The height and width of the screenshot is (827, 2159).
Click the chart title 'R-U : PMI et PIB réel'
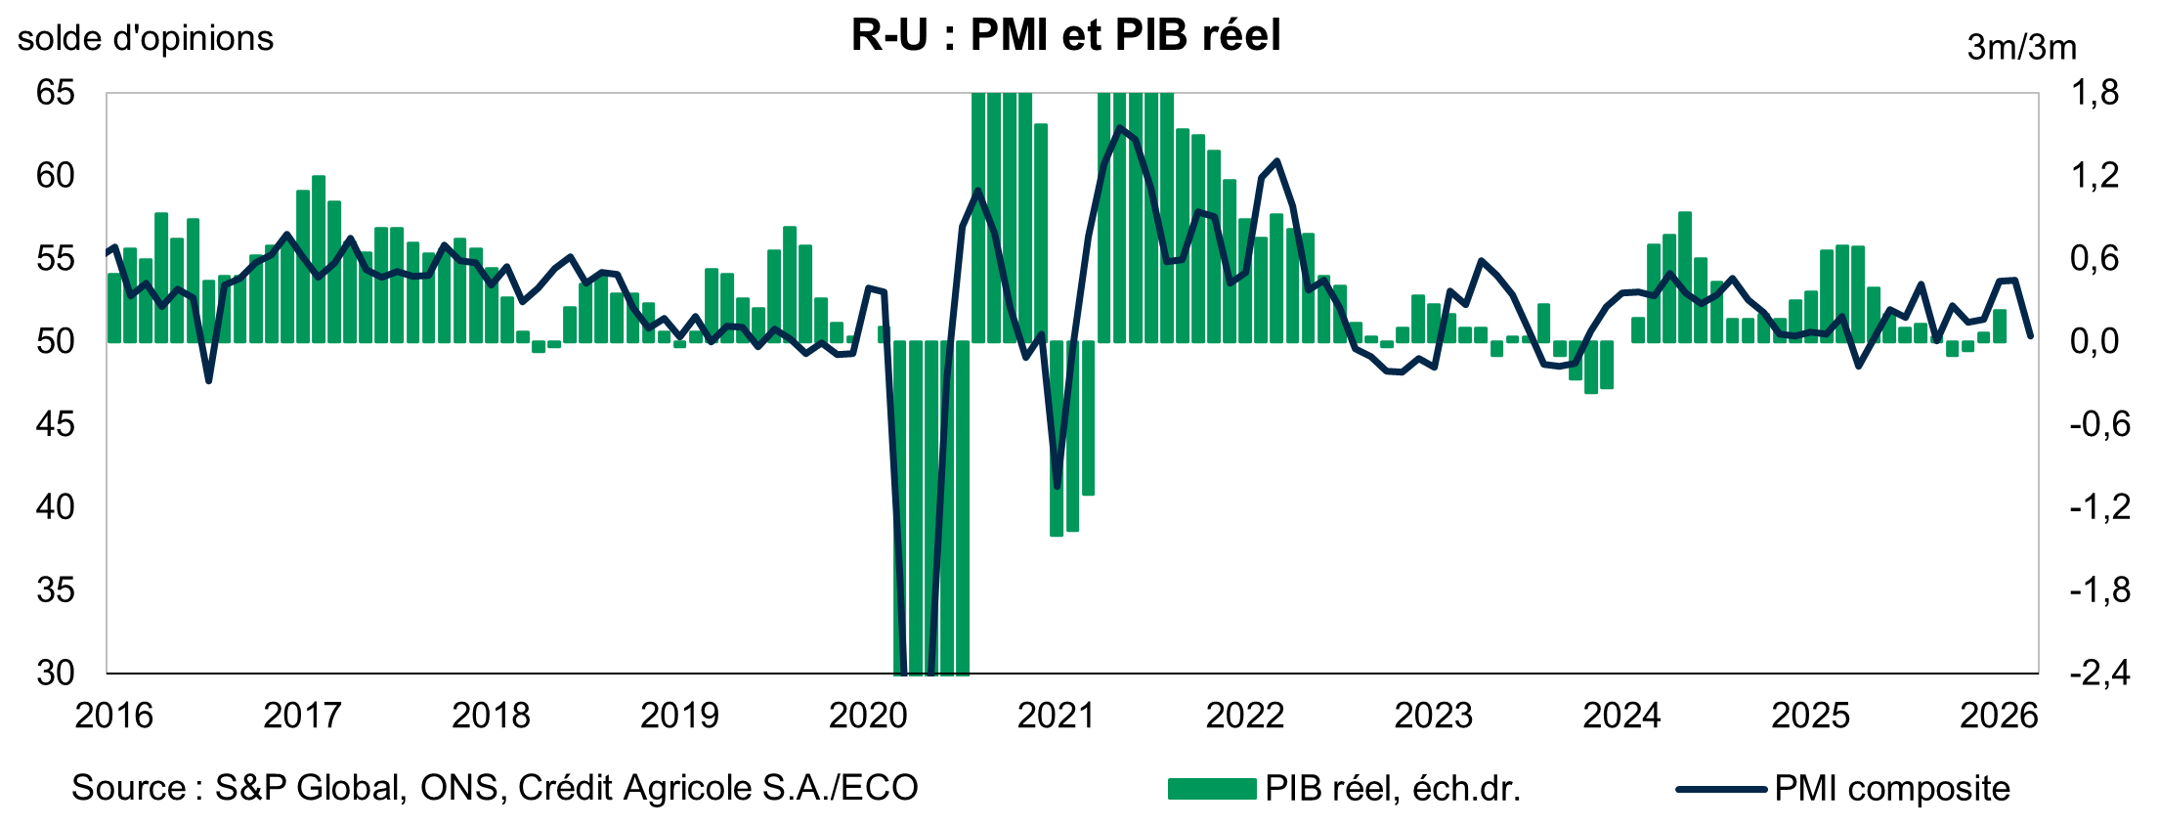click(1065, 35)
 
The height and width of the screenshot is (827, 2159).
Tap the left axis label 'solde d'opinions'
click(146, 38)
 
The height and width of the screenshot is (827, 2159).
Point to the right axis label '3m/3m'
click(2021, 47)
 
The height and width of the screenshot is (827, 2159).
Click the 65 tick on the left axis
click(55, 93)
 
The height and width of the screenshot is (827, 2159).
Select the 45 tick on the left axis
click(55, 424)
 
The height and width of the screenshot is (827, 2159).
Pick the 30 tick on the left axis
click(55, 673)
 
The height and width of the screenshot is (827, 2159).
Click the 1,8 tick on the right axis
click(2095, 93)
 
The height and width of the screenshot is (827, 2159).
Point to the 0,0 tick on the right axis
click(2095, 341)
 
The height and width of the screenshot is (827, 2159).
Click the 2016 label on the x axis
click(114, 716)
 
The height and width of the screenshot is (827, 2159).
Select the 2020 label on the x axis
click(868, 716)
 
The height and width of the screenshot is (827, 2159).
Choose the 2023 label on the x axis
click(1433, 716)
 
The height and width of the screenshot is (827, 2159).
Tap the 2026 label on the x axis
click(1999, 716)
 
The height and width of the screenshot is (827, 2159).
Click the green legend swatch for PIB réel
click(1212, 788)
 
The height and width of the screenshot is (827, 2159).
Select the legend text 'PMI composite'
click(1892, 788)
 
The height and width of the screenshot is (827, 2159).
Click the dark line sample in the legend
click(1720, 788)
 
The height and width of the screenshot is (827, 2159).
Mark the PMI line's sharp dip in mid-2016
click(208, 380)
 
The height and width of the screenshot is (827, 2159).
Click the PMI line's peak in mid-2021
click(1120, 128)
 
